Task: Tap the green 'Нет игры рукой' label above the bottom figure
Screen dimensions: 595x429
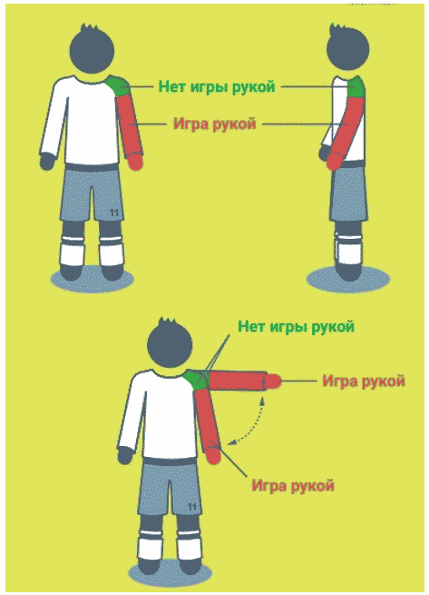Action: pos(295,326)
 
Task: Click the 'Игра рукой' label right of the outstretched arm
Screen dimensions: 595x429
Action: pos(363,381)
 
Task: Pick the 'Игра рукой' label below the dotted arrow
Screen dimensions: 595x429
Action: pos(293,485)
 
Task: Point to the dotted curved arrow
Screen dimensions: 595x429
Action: pos(249,423)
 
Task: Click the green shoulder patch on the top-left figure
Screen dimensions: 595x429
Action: pos(118,87)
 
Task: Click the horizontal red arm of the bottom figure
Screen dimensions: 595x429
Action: pos(240,382)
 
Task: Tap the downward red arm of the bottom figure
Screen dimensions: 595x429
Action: pos(208,422)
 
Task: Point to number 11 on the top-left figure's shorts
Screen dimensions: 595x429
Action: pos(114,211)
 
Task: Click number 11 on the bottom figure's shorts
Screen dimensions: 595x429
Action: pos(191,505)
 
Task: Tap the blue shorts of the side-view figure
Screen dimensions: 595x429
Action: pos(348,195)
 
